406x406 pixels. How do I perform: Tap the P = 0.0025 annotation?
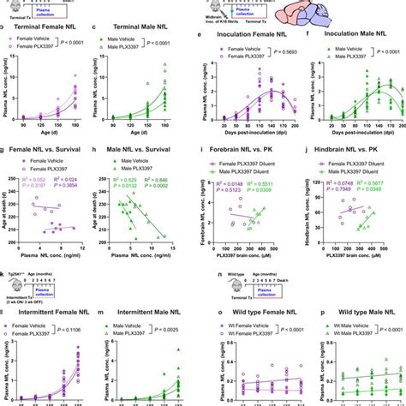pos(182,329)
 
